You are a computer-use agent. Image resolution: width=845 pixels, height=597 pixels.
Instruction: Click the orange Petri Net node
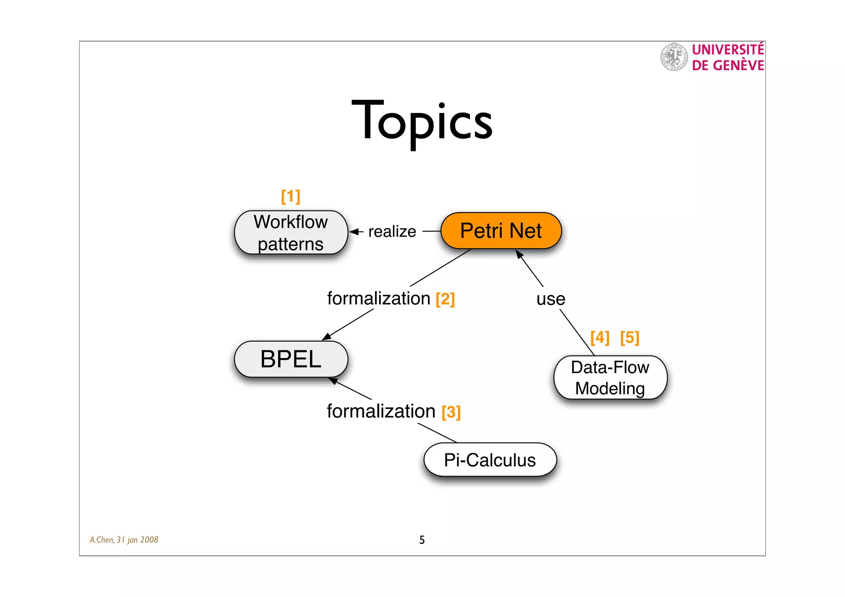point(501,231)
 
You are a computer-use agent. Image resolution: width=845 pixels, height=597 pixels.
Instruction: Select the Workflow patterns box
point(291,233)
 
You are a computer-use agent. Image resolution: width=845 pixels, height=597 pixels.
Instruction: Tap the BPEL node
point(291,359)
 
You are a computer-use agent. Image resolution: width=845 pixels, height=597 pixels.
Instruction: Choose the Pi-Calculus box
point(490,460)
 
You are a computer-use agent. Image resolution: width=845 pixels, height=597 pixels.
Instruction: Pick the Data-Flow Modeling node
point(610,378)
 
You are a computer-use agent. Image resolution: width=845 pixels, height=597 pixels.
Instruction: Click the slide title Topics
point(422,122)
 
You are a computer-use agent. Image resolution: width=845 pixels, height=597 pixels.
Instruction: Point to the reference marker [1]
point(290,196)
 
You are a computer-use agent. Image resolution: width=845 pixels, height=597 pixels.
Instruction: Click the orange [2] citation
point(445,299)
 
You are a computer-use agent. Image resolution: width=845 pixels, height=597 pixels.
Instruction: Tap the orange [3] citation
point(451,412)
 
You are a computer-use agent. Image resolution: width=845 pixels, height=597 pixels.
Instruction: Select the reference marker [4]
point(600,337)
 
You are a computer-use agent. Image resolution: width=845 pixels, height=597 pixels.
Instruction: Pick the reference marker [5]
point(630,337)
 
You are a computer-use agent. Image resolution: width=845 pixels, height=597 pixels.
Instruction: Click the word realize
point(392,232)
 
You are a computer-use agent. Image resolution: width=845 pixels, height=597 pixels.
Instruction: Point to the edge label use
point(551,299)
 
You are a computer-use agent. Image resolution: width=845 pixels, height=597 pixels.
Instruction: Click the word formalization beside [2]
point(379,298)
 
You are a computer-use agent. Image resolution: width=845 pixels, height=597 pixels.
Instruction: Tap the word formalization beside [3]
point(381,411)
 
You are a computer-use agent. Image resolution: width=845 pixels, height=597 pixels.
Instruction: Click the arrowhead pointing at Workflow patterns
point(354,232)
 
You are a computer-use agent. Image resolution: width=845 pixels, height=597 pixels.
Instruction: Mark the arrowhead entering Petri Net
point(519,254)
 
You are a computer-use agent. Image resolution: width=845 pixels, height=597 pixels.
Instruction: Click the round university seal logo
point(674,57)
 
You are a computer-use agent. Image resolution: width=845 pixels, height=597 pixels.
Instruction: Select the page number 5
point(422,540)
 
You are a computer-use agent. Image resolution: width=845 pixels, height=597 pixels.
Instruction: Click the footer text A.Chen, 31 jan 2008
point(124,540)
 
